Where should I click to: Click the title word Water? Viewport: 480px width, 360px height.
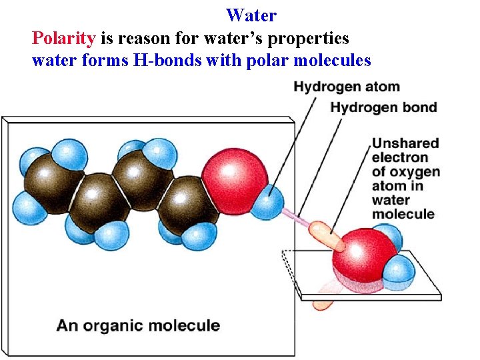click(251, 15)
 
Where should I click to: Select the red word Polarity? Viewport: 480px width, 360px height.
click(64, 38)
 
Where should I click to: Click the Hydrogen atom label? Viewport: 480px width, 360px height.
click(347, 87)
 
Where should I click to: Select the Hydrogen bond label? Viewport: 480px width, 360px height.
click(384, 107)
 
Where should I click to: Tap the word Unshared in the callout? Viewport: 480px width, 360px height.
click(405, 143)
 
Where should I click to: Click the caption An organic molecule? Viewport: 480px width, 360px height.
click(138, 326)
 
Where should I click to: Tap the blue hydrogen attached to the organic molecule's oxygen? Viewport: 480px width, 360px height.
click(267, 203)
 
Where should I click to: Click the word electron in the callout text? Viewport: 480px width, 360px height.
click(400, 157)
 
